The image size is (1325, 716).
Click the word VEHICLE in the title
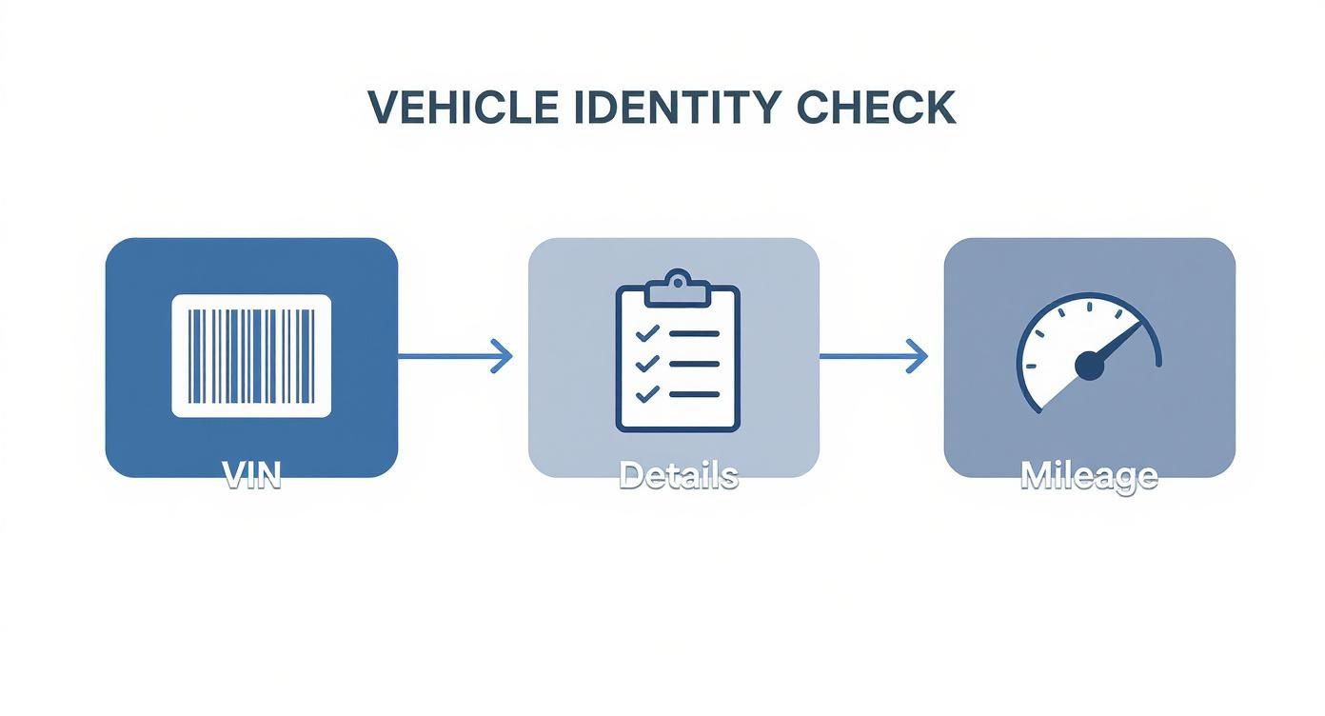(463, 108)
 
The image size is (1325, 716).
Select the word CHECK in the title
(875, 108)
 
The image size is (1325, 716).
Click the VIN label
(251, 475)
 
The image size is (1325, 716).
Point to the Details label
(678, 475)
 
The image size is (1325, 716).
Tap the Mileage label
(1089, 475)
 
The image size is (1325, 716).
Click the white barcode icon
(251, 356)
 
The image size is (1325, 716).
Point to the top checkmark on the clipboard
(646, 334)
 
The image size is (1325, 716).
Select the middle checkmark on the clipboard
(646, 364)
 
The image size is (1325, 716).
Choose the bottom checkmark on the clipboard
(646, 392)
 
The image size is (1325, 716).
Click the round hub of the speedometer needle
(1089, 366)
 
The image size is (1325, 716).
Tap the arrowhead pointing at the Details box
(502, 357)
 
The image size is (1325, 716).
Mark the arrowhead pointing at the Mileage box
(917, 357)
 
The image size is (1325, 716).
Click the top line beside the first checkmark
(694, 334)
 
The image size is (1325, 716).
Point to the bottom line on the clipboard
(694, 392)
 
